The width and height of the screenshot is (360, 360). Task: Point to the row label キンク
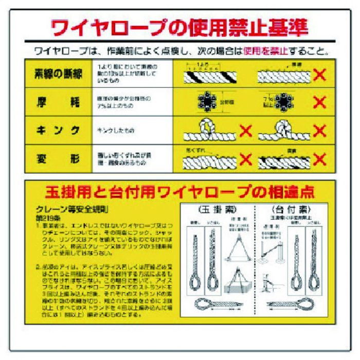58,131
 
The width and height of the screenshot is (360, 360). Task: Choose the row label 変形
58,159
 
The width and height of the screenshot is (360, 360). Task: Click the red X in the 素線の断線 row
320,75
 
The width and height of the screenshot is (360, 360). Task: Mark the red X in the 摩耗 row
320,102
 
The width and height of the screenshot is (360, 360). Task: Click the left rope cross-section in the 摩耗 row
208,101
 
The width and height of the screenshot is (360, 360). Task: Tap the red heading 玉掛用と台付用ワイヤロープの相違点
179,193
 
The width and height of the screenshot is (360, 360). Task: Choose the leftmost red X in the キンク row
246,131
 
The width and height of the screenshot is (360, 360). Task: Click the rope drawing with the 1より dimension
209,75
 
